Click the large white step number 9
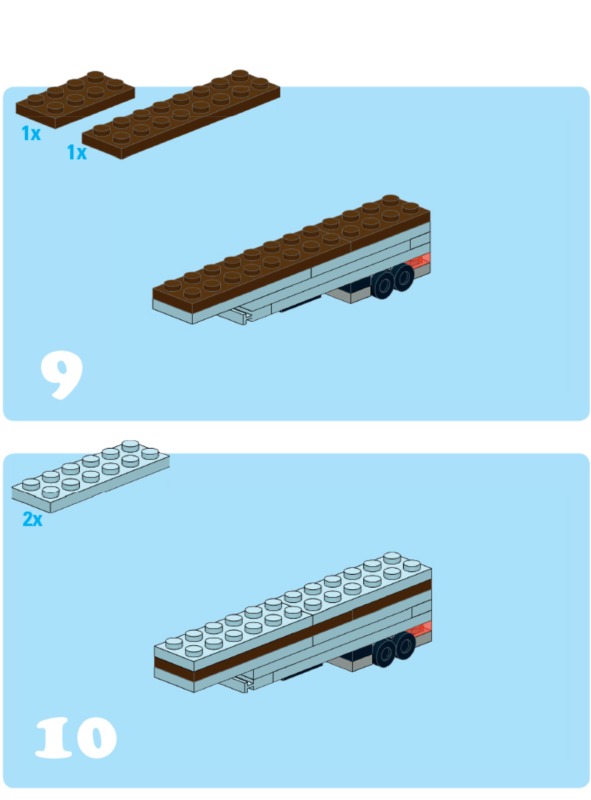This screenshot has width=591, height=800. tap(61, 375)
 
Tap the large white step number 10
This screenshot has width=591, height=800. tap(76, 738)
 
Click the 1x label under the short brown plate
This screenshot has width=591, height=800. tap(31, 133)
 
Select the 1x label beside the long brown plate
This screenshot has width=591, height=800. tap(77, 152)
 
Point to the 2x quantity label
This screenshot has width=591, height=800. tap(32, 519)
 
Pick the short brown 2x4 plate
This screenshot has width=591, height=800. tap(76, 100)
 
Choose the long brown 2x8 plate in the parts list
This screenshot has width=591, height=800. tap(181, 115)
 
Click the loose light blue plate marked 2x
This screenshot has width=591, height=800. tap(91, 476)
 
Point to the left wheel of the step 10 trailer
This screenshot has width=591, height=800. tap(385, 653)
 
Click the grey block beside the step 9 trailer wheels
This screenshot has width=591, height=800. tap(350, 295)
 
